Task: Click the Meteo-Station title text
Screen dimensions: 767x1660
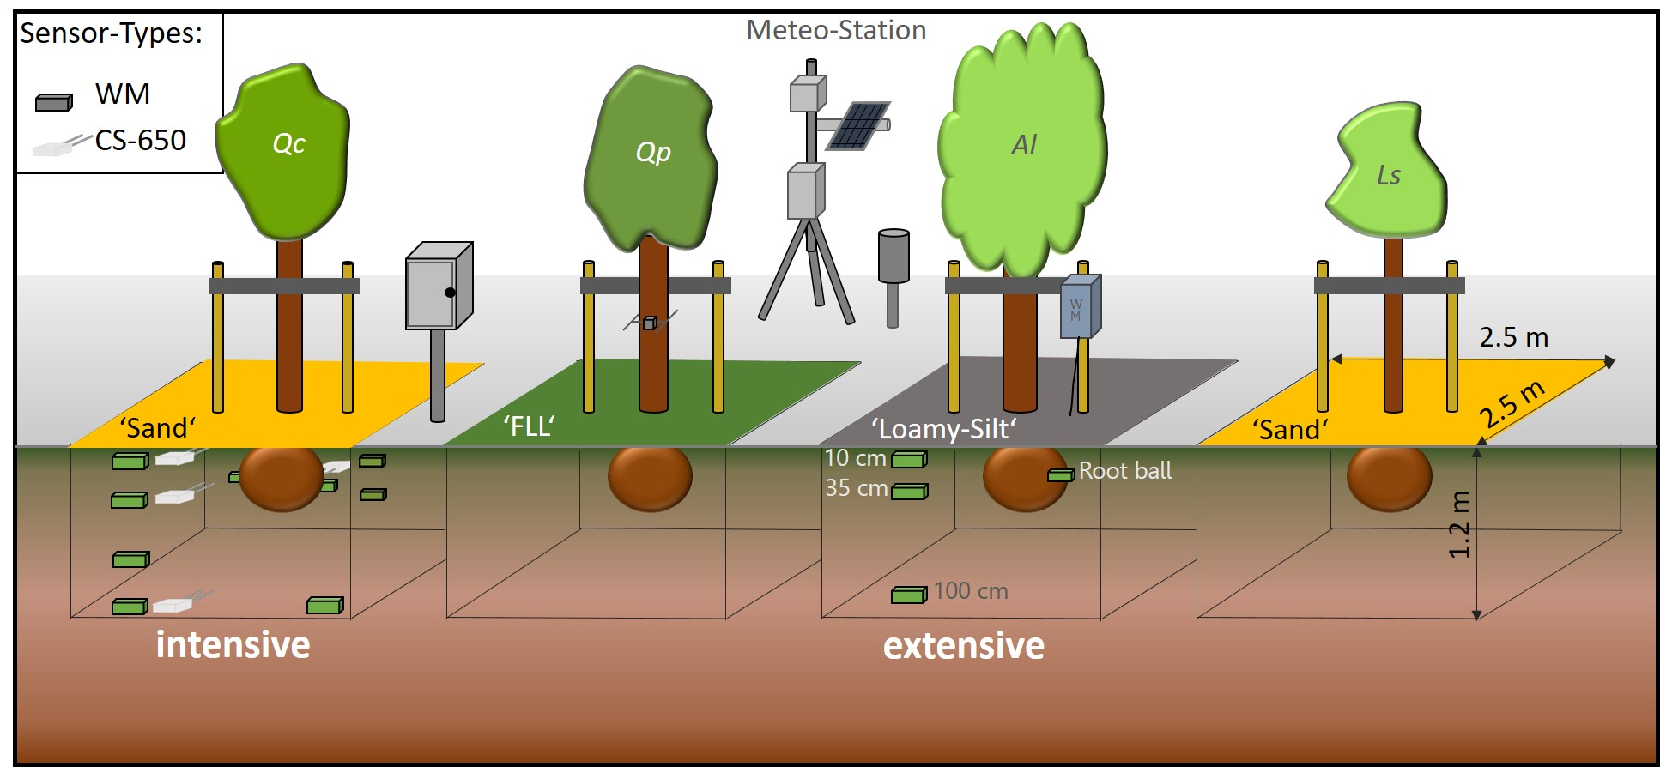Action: pos(835,31)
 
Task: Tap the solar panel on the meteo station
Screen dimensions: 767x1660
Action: pos(857,126)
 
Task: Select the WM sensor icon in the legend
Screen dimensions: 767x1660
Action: pos(53,102)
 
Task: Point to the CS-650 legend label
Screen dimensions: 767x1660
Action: pos(140,140)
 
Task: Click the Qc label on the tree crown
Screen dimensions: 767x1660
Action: pos(288,143)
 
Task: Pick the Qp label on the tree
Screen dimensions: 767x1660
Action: pos(652,152)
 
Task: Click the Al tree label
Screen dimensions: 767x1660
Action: pos(1024,145)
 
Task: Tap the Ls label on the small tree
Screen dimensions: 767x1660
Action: pos(1388,176)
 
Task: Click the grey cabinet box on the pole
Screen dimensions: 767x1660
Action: pos(438,287)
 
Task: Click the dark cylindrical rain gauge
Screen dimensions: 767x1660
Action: pos(893,256)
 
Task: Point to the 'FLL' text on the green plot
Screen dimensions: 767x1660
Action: pos(529,426)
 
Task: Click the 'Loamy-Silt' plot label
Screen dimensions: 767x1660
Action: pos(943,428)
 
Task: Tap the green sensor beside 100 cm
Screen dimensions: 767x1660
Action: pos(909,594)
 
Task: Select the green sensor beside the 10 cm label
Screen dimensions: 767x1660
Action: pos(909,460)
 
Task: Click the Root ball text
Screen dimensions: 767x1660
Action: pos(1124,470)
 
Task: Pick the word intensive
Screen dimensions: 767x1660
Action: pos(233,644)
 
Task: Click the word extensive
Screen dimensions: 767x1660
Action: pos(963,645)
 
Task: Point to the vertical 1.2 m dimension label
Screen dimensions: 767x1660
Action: pos(1459,524)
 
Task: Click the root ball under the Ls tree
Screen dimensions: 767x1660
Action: pos(1388,477)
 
